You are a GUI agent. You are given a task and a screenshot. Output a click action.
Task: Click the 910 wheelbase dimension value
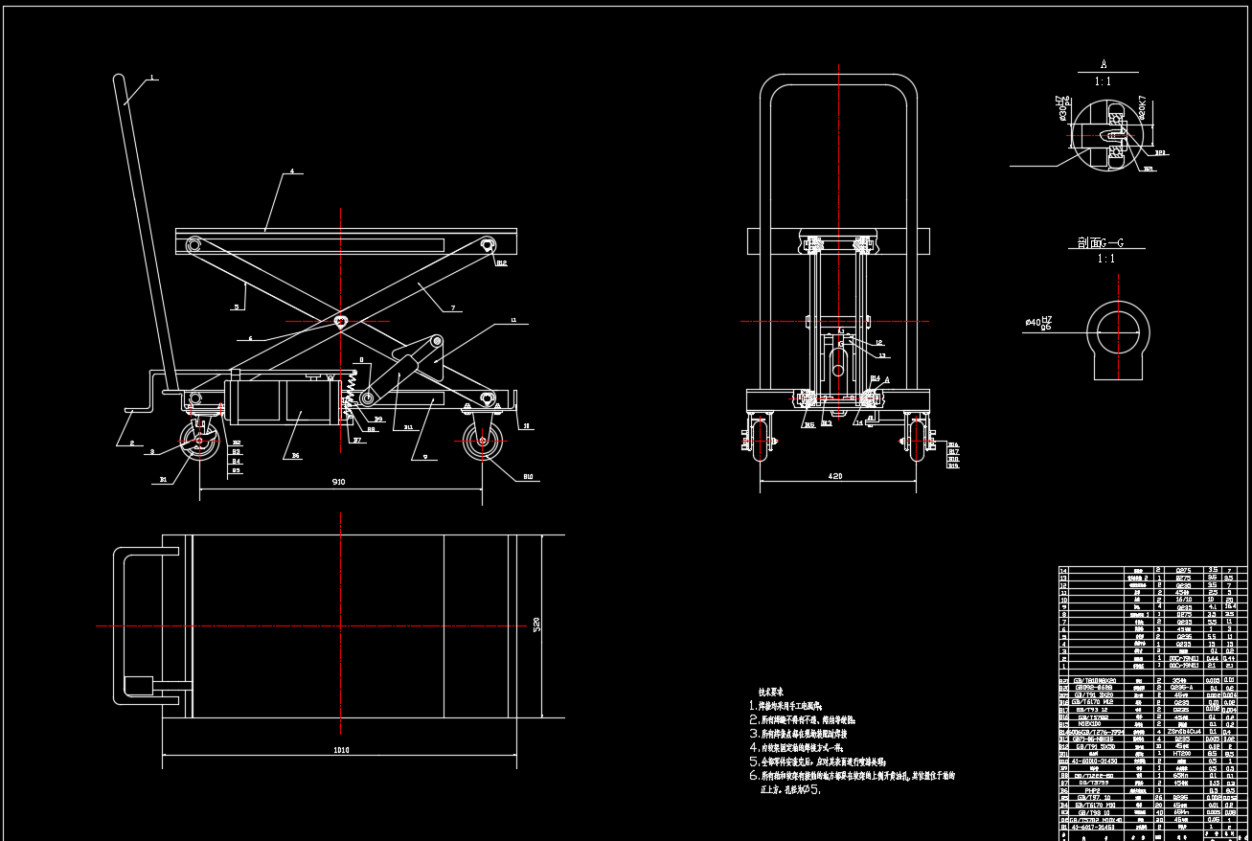337,481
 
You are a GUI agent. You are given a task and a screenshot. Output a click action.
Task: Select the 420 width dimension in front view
835,475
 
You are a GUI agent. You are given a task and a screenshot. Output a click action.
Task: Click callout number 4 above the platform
291,172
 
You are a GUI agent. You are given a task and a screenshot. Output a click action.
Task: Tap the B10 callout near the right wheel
527,476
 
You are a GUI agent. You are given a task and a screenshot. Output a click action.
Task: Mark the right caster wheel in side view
480,443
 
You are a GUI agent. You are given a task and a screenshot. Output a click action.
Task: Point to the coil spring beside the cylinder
358,390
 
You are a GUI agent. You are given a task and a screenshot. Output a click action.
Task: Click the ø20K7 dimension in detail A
1143,108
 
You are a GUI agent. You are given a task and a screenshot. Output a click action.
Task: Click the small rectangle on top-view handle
139,686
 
